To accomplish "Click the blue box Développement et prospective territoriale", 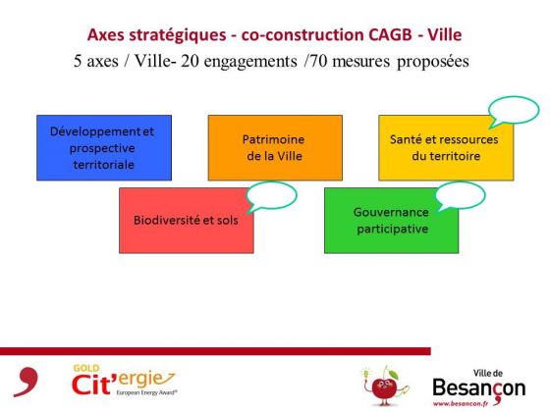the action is [x=104, y=148].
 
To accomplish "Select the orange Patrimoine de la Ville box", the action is [x=275, y=148].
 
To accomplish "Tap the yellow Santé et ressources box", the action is [x=446, y=148].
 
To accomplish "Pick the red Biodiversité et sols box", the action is [x=187, y=221].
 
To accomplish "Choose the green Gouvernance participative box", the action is [x=392, y=221].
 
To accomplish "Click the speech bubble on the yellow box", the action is [x=514, y=111].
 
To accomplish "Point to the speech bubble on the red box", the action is [x=271, y=196].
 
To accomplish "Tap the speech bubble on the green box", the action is [x=460, y=195].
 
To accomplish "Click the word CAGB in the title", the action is [x=390, y=34].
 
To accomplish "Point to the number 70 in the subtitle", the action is [x=318, y=61].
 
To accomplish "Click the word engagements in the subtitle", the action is [x=250, y=62].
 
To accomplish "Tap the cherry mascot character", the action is [x=385, y=386].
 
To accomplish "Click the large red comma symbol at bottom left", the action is [x=27, y=382].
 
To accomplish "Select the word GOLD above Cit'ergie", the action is [x=86, y=369].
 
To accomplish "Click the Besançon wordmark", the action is [x=479, y=388].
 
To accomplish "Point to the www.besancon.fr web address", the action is [x=461, y=403].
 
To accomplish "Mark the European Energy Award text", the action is [x=146, y=392].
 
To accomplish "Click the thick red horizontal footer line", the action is [x=215, y=351].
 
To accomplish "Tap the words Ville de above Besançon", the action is [x=488, y=373].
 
